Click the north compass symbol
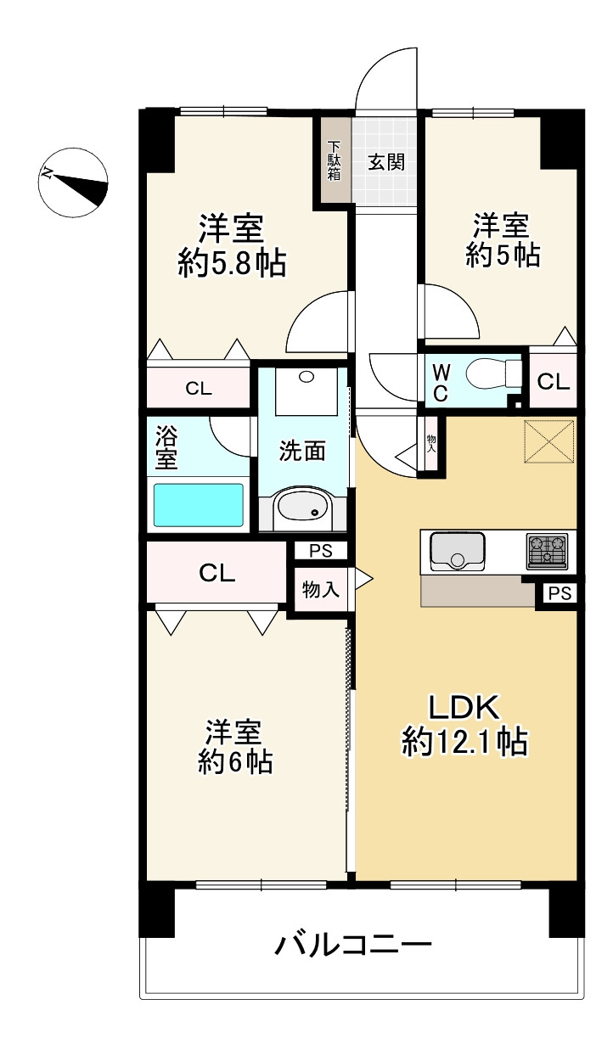[x=73, y=182]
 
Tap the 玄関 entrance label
[x=386, y=162]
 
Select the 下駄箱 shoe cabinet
[x=335, y=160]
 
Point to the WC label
[x=441, y=383]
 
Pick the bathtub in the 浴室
[x=198, y=504]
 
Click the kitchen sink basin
[x=458, y=552]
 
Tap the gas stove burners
[x=548, y=552]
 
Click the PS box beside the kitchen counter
[x=560, y=593]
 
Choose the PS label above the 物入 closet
[x=321, y=551]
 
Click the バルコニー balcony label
[x=353, y=942]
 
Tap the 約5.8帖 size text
[x=232, y=265]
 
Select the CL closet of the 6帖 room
[x=217, y=572]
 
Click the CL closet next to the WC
[x=553, y=381]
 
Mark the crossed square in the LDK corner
[x=549, y=441]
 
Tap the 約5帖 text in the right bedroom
[x=503, y=255]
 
